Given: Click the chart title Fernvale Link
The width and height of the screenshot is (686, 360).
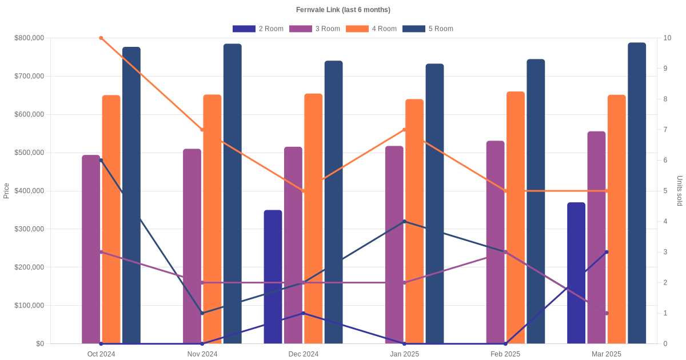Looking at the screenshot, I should coord(343,10).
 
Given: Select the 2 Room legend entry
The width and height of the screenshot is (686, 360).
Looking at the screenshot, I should coord(258,29).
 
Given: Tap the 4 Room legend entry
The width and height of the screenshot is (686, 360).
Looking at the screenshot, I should coord(371,29).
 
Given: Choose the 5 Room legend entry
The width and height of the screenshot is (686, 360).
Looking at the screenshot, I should coord(428,29).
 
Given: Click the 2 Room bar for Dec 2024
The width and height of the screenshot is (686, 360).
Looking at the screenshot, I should coord(273,277).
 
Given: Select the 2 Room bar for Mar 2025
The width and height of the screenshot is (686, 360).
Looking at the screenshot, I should coord(576,273).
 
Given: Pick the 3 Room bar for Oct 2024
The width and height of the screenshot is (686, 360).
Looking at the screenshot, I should coord(91,249).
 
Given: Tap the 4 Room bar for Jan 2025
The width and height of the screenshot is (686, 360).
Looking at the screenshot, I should coord(414,222).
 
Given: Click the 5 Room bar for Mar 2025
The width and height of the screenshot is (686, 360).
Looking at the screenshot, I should coord(637,193).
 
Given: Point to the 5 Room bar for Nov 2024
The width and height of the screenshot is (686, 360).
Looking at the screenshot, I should coord(233,194).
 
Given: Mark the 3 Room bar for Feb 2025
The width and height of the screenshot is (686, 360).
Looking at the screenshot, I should coord(496,242).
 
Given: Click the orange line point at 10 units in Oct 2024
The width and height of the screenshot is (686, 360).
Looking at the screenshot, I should coord(101,38).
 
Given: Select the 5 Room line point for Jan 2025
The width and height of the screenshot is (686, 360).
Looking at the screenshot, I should coord(404,221).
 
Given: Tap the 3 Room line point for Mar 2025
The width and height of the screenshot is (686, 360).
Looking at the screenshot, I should coord(607,313).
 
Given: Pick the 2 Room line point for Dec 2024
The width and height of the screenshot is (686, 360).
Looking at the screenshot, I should coord(303,313).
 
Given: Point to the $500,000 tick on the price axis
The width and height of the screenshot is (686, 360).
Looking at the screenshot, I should coord(29,153).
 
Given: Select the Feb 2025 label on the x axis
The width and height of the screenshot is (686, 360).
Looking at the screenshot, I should coord(505,354).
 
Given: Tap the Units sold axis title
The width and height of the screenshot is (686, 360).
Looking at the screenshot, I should coord(679,191).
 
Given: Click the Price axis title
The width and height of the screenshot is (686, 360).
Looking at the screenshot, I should coord(6,191).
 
